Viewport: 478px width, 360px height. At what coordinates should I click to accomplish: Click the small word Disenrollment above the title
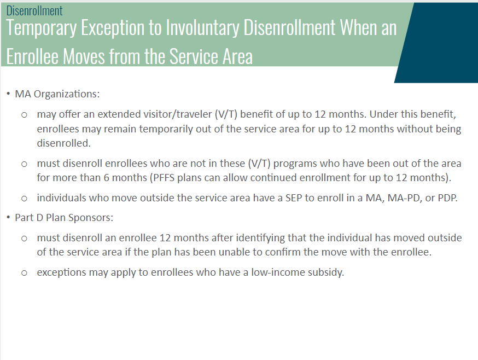coord(34,11)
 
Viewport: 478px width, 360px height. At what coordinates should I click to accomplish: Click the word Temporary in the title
coord(41,28)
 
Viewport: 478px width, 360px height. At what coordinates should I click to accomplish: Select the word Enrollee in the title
coord(32,56)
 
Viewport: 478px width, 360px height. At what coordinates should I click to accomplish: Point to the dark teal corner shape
coord(439,43)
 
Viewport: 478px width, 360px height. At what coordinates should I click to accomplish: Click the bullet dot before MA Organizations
coord(8,94)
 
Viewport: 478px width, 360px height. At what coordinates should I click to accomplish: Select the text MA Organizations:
coord(57,94)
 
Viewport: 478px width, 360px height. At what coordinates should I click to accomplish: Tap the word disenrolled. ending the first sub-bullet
coord(63,143)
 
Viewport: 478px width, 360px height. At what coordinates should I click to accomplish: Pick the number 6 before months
coord(106,178)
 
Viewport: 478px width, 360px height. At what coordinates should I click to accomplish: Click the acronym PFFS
coord(164,178)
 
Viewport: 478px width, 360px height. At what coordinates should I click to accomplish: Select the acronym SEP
coord(294,198)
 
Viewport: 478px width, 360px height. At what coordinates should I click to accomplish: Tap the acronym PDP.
coord(447,198)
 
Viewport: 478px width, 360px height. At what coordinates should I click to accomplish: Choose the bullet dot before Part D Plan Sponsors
coord(8,218)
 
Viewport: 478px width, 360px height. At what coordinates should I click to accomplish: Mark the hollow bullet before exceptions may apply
coord(24,273)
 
